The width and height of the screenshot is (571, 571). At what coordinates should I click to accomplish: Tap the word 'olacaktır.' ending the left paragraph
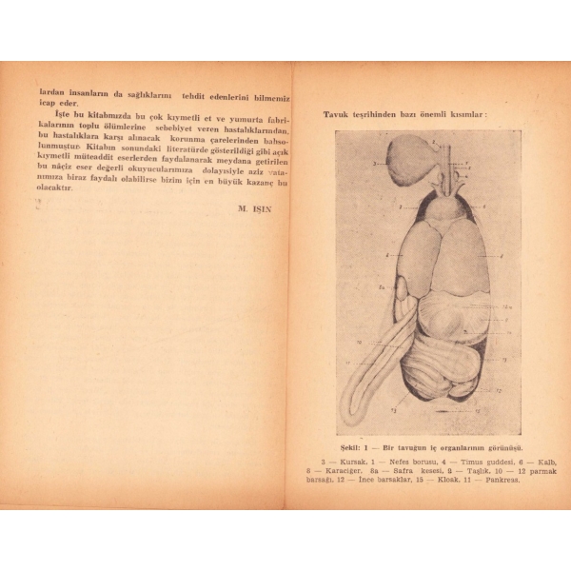[x=55, y=188]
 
